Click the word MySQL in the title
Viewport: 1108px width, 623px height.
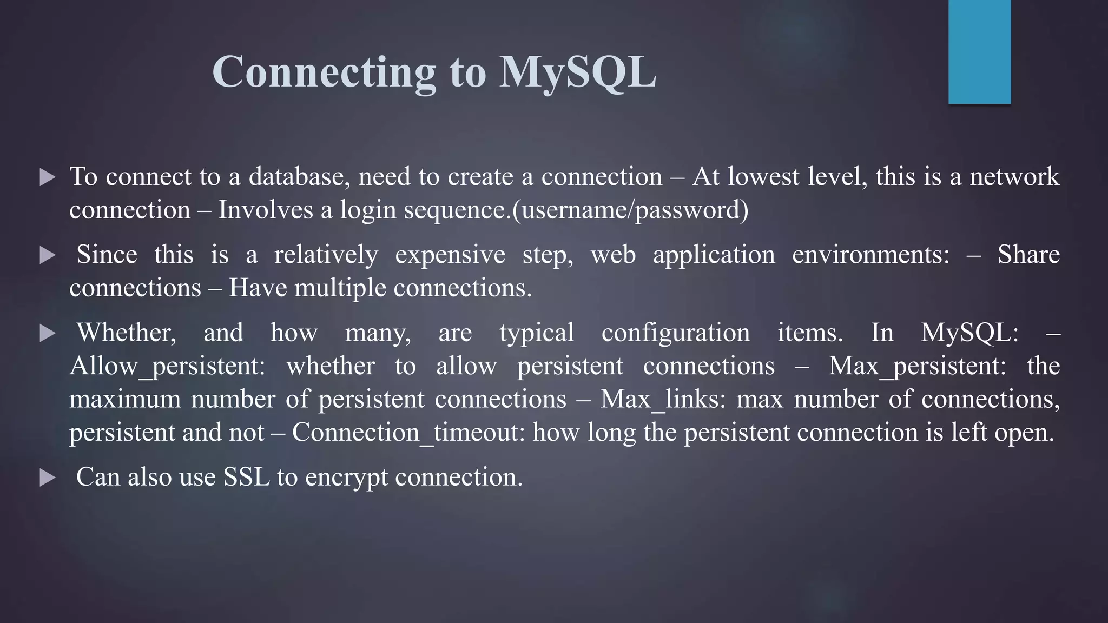577,72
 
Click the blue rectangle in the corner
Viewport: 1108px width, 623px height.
979,51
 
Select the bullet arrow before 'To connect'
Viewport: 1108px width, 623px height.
48,177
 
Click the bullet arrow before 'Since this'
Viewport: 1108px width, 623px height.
48,255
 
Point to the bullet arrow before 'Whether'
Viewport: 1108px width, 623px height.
48,333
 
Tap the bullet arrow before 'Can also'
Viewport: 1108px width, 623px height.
48,478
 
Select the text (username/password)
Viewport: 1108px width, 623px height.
630,210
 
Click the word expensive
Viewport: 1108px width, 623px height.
450,255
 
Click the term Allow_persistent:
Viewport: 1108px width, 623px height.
167,366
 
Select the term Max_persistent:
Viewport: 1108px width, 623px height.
917,366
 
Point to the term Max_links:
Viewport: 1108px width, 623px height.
663,400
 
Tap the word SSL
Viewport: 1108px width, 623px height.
247,477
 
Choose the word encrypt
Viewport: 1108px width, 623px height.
346,478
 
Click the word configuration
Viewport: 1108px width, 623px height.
676,333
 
